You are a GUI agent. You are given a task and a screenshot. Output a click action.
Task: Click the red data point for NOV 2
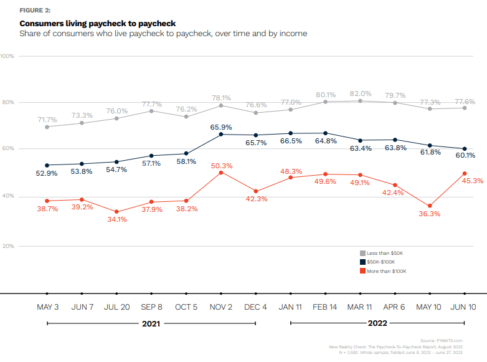pos(221,173)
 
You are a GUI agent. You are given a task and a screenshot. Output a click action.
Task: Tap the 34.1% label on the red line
pos(117,219)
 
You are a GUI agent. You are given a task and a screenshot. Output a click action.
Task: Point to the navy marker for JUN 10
pos(465,149)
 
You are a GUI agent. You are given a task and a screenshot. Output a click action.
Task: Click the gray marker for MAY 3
pos(47,126)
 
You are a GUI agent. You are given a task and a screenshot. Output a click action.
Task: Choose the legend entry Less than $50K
pos(382,253)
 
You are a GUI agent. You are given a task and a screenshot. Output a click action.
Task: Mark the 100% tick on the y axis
pos(7,56)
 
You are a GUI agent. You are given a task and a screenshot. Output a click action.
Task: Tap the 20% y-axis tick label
pos(7,246)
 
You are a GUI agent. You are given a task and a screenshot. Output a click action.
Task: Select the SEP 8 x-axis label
pos(152,307)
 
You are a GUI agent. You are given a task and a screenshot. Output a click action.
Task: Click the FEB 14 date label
pos(325,307)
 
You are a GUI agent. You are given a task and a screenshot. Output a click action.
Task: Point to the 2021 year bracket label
pos(152,323)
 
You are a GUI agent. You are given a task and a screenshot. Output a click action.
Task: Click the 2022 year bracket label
pos(377,323)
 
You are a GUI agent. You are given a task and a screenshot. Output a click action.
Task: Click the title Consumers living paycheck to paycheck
pos(97,24)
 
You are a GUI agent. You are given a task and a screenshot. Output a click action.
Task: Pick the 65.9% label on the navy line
pos(221,127)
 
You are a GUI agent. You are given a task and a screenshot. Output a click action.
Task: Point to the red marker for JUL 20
pos(116,212)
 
